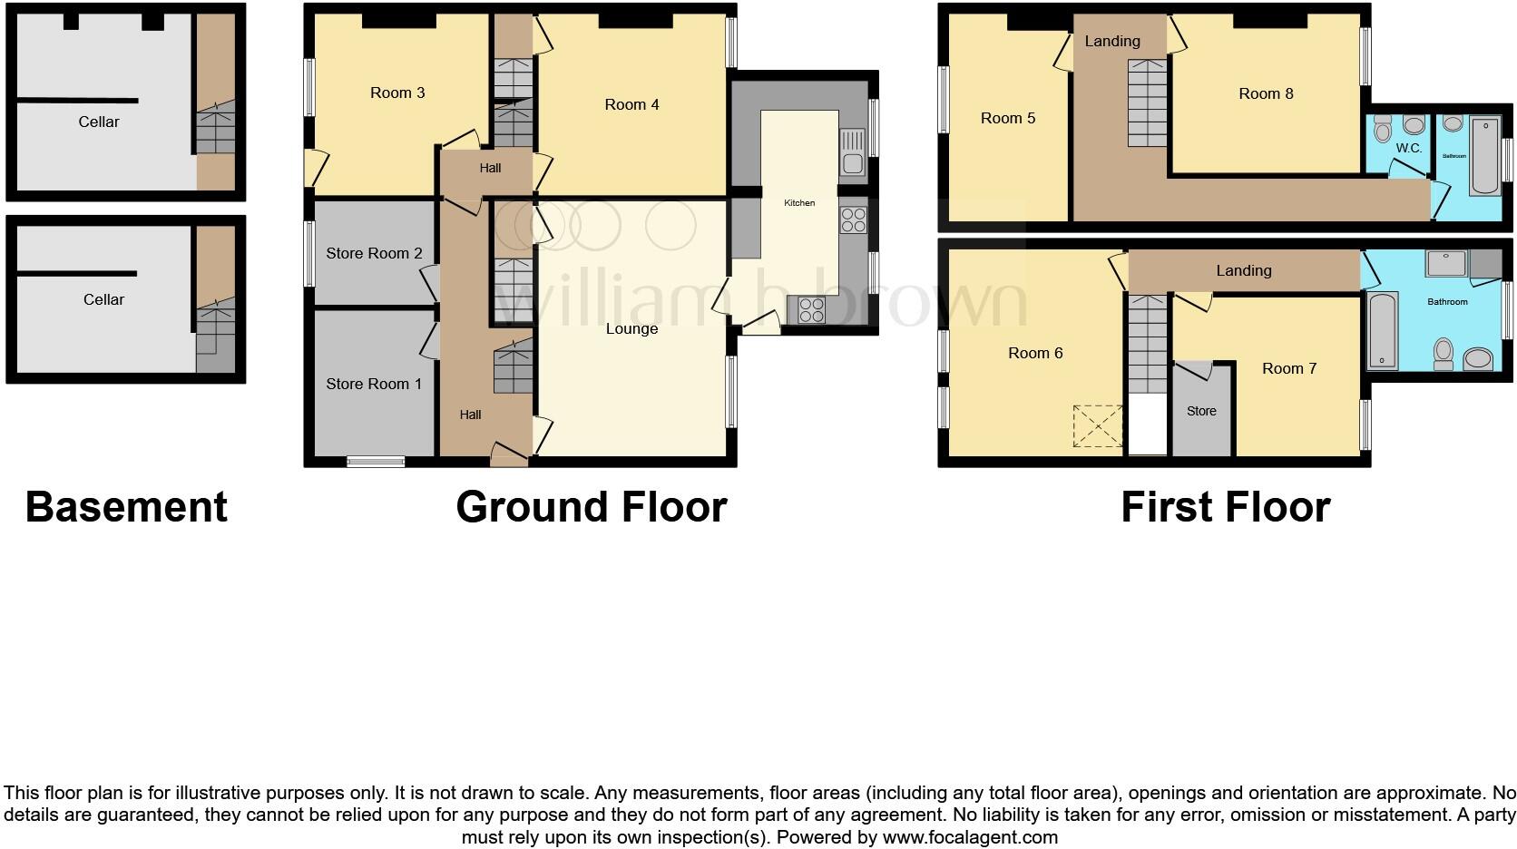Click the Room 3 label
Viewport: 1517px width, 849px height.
click(397, 93)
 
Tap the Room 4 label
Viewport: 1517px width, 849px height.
click(631, 104)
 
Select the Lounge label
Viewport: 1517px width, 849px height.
click(631, 328)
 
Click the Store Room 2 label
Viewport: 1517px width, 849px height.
click(374, 253)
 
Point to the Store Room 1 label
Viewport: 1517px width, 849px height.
click(373, 384)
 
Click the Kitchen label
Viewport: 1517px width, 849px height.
click(799, 203)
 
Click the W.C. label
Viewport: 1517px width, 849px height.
click(1408, 148)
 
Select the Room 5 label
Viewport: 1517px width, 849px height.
click(1007, 118)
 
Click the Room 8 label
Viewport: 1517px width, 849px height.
click(1266, 93)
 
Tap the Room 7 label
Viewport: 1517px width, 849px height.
click(1288, 368)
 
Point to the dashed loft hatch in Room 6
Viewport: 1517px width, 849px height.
click(1097, 426)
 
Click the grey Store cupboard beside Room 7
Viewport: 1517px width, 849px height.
click(1201, 411)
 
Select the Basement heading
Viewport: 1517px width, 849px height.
click(126, 507)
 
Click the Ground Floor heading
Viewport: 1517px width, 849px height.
click(592, 507)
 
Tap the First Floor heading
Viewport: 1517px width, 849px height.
click(1225, 507)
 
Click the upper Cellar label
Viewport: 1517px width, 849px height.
click(99, 122)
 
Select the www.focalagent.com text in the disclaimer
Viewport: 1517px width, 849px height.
click(970, 837)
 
